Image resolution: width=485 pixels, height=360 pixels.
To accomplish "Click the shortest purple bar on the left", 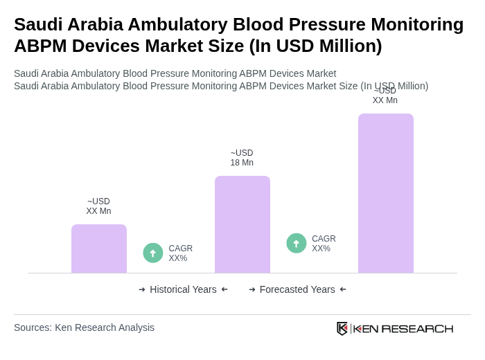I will [x=99, y=249].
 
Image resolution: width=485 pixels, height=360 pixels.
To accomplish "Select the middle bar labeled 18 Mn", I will [x=242, y=224].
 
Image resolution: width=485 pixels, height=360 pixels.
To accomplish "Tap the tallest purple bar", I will [x=386, y=193].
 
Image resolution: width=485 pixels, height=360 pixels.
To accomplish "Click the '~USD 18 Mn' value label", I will [x=242, y=158].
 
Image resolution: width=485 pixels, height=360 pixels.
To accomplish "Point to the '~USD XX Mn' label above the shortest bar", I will [x=98, y=206].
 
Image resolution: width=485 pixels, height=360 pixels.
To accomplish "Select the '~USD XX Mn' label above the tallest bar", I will [x=385, y=96].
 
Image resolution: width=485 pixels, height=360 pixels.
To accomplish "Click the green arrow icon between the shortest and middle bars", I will [x=153, y=253].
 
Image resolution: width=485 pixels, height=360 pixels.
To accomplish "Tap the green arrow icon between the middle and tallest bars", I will [x=297, y=243].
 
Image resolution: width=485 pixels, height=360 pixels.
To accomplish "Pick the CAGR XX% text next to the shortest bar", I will [x=180, y=253].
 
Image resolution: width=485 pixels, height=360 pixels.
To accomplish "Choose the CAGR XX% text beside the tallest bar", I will [x=324, y=244].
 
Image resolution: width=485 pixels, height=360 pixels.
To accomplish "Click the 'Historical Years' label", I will [x=183, y=289].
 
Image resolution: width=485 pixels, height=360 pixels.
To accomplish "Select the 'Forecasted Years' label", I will [x=297, y=289].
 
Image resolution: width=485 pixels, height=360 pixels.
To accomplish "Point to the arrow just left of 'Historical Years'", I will [x=142, y=289].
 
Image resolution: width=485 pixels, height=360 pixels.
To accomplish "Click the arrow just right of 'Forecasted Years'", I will [x=343, y=289].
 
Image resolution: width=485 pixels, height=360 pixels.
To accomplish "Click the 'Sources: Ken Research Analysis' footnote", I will [x=84, y=327].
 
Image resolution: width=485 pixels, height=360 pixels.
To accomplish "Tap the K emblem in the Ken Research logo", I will [x=342, y=328].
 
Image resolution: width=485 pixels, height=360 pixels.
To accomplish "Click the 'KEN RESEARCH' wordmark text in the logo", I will [x=403, y=328].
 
